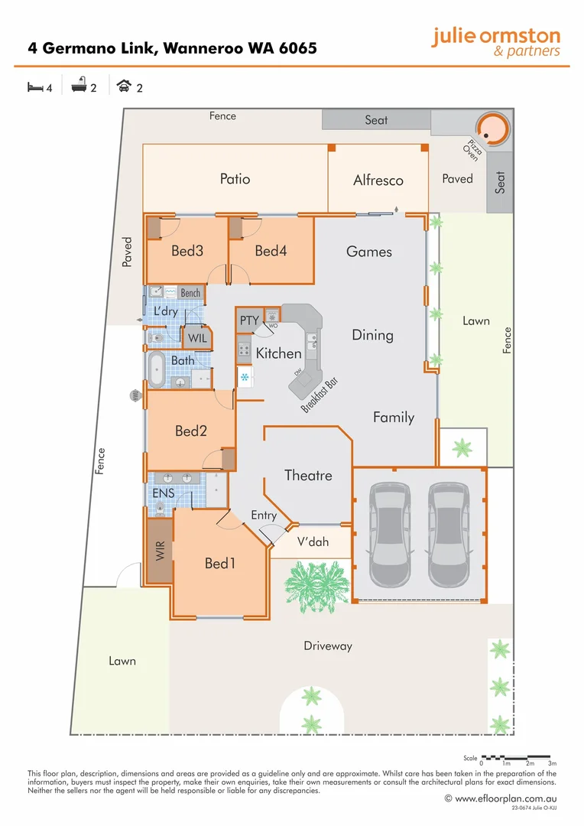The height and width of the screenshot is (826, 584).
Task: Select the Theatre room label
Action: (x=308, y=475)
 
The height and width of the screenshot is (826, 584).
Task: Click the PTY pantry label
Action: (x=250, y=320)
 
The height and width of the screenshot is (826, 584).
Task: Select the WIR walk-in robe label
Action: (x=161, y=552)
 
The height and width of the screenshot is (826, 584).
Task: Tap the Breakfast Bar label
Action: (x=320, y=395)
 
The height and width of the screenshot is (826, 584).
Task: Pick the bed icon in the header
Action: (x=35, y=88)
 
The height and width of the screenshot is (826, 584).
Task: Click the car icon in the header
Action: (x=123, y=88)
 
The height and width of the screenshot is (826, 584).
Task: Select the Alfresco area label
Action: (x=378, y=180)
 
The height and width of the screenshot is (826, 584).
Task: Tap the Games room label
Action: (x=369, y=252)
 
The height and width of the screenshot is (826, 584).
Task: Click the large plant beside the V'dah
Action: (x=310, y=582)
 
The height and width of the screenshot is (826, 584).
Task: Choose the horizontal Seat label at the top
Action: (x=376, y=120)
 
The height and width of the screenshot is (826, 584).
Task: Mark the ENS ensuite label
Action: (x=164, y=493)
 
